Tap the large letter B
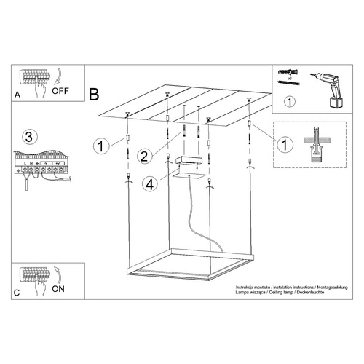[93, 94]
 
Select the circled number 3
[28, 137]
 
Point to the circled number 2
[145, 154]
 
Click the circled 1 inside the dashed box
[285, 145]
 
